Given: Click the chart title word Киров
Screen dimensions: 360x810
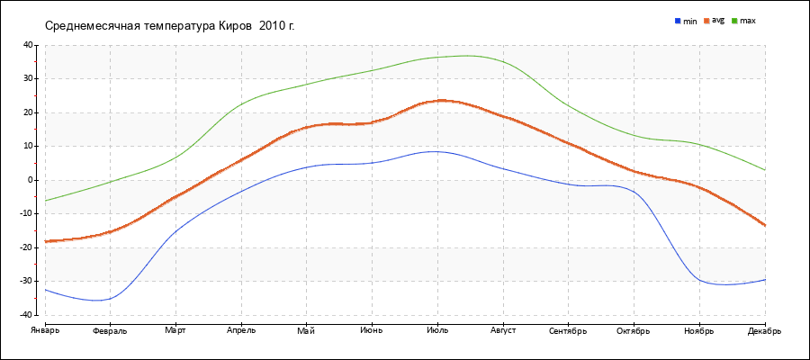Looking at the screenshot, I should pyautogui.click(x=235, y=25).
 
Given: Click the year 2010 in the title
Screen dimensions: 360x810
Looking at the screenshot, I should pyautogui.click(x=274, y=25).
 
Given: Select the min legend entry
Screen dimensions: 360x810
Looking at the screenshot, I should pyautogui.click(x=686, y=21).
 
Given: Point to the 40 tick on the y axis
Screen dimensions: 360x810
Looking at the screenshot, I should pyautogui.click(x=28, y=45).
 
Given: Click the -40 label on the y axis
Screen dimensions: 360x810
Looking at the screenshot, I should pyautogui.click(x=26, y=315).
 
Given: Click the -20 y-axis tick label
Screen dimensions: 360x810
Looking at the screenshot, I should pyautogui.click(x=26, y=247).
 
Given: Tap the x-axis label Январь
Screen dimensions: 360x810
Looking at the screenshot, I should pyautogui.click(x=44, y=331).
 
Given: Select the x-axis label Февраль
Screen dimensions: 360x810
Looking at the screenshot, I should pyautogui.click(x=110, y=331).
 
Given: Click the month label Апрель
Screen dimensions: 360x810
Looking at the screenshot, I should pyautogui.click(x=241, y=331).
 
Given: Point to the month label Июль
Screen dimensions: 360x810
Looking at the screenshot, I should pyautogui.click(x=437, y=331).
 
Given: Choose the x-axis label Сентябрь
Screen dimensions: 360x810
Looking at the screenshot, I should pyautogui.click(x=568, y=331).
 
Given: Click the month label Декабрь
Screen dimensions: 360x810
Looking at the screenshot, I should pyautogui.click(x=765, y=331).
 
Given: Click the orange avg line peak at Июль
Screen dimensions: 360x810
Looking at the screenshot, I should pyautogui.click(x=437, y=101).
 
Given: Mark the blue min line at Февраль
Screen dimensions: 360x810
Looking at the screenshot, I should pyautogui.click(x=110, y=299).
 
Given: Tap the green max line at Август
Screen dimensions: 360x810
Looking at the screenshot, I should pyautogui.click(x=503, y=62).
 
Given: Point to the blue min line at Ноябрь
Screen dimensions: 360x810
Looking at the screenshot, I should pyautogui.click(x=699, y=280).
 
